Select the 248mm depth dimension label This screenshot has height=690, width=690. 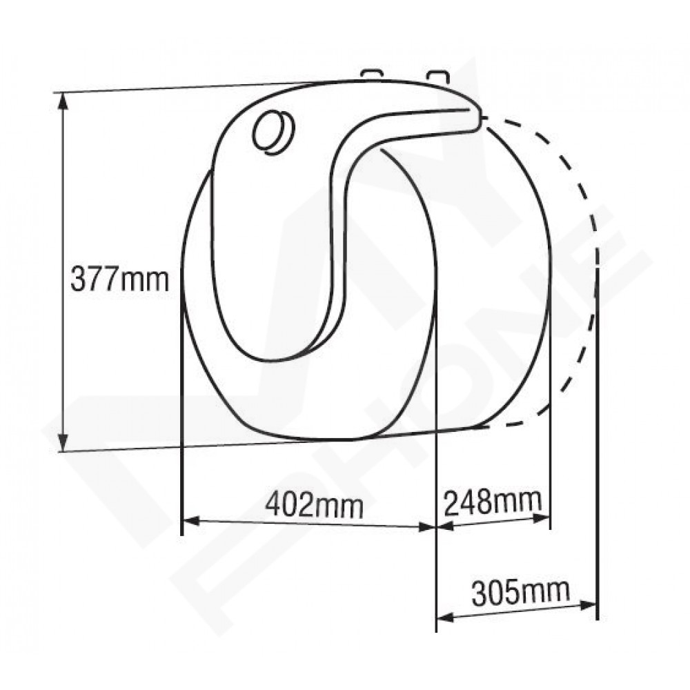point(493,502)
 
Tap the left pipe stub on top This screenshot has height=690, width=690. point(373,75)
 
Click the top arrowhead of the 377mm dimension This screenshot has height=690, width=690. point(63,102)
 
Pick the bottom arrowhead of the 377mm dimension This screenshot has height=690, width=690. point(63,442)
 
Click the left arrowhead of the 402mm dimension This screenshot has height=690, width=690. point(191,521)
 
